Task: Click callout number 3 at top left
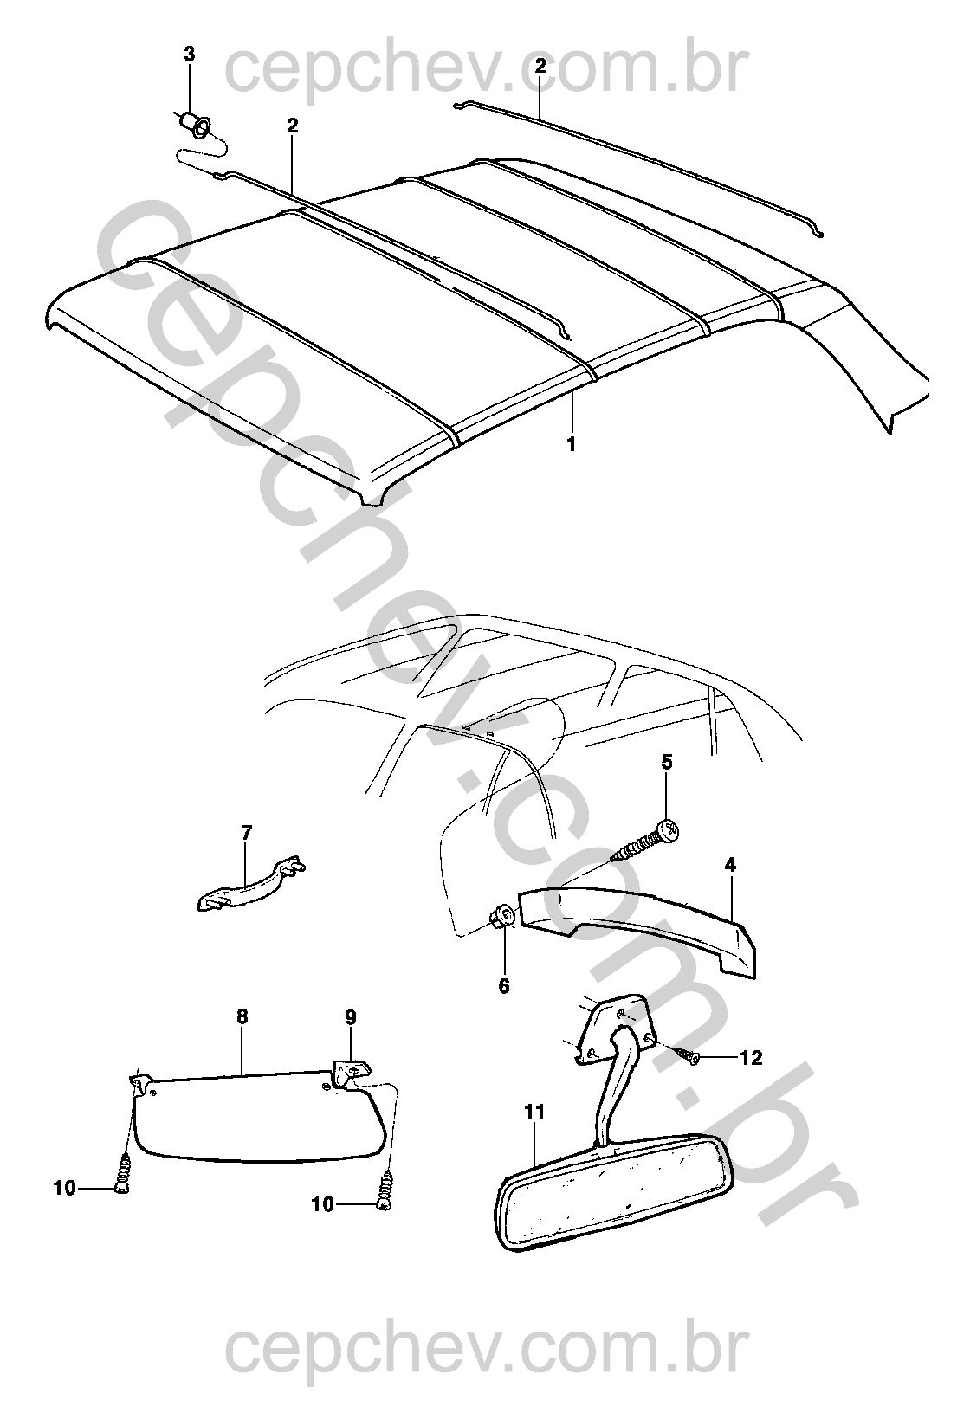[189, 55]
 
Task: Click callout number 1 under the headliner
[571, 445]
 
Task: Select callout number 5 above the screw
[667, 763]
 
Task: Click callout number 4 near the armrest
[730, 866]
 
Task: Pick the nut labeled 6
[502, 917]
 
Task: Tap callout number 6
[504, 985]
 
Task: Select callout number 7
[246, 833]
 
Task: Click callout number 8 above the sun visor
[242, 1016]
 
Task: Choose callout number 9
[351, 1016]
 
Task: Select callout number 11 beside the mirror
[534, 1112]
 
